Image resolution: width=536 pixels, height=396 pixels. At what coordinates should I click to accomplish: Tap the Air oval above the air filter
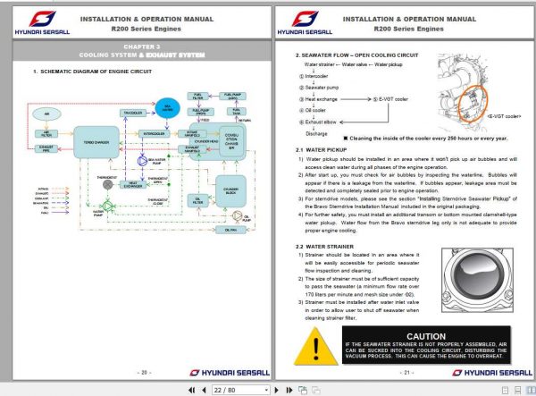click(x=46, y=114)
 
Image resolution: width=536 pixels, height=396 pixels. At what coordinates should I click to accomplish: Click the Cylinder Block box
click(x=231, y=190)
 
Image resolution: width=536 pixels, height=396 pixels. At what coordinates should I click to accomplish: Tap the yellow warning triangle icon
click(x=314, y=345)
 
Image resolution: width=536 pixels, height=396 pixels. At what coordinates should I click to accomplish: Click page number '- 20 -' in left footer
click(x=143, y=372)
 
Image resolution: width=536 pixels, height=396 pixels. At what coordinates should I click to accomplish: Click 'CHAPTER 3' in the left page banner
click(x=143, y=46)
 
